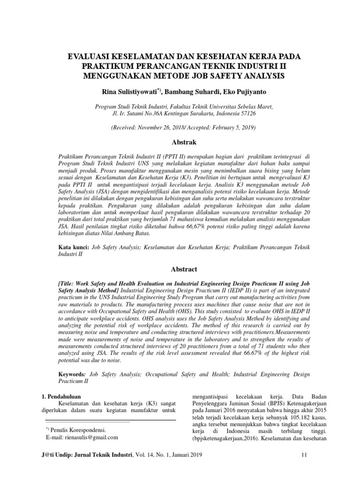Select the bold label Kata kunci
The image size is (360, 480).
coord(71,246)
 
